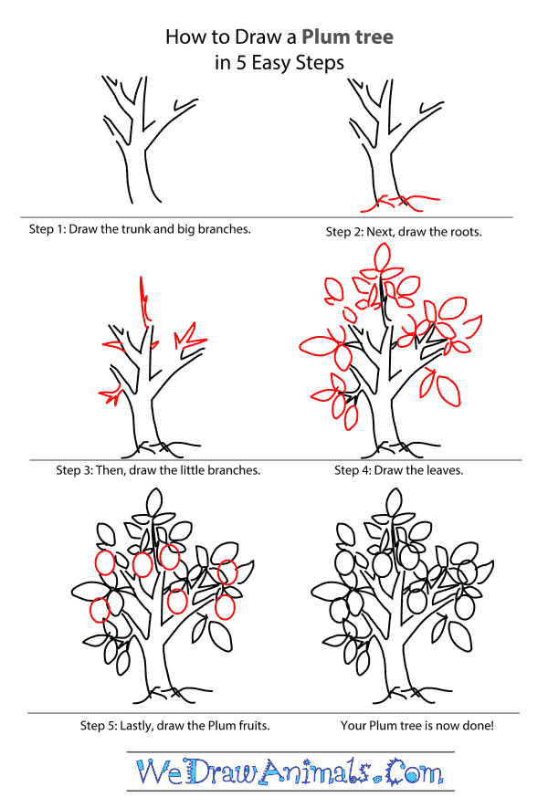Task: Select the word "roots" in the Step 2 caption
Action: (x=461, y=232)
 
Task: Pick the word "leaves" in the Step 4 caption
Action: (x=442, y=470)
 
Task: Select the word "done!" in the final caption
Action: (x=472, y=726)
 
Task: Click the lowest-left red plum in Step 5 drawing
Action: (x=100, y=609)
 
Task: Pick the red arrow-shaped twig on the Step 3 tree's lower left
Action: (x=111, y=395)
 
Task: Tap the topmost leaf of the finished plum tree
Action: (x=395, y=501)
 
